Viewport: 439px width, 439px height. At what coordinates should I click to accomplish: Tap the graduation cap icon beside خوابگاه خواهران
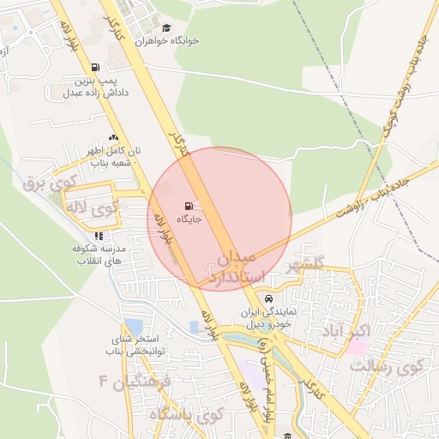[166, 28]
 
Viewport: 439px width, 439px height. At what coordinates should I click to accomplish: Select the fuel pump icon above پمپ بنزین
[94, 68]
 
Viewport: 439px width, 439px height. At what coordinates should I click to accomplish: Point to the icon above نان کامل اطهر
[113, 137]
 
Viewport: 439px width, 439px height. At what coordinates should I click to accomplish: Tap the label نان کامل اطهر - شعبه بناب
[112, 157]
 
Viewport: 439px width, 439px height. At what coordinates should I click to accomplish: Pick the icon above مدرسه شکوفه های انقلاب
[99, 235]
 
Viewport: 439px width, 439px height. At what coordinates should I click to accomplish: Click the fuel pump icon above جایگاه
[189, 206]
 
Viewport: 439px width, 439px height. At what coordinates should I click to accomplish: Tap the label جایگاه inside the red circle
[189, 219]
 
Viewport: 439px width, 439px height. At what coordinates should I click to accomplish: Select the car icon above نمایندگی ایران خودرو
[269, 299]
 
